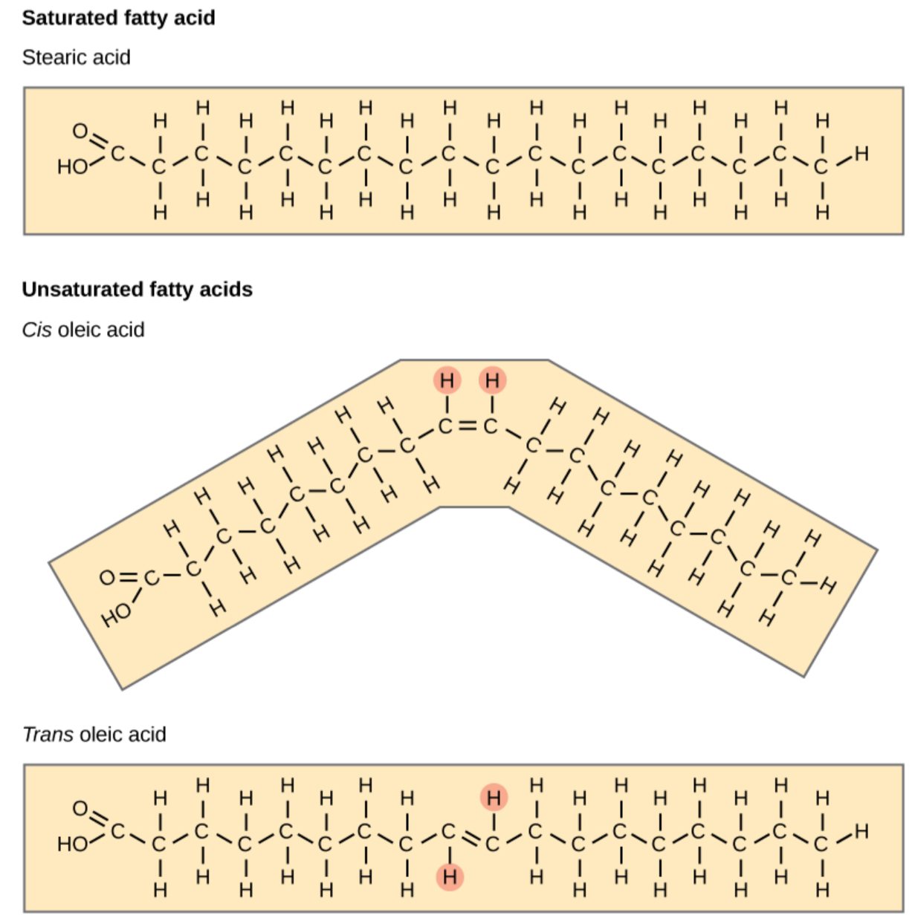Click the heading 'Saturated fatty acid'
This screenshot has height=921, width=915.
click(119, 18)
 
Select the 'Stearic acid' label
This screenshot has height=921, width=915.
click(77, 57)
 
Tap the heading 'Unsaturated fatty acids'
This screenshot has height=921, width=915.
click(138, 290)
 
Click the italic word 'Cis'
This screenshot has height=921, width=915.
click(37, 330)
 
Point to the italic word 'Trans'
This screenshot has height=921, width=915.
click(48, 734)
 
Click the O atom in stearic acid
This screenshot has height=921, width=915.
click(80, 131)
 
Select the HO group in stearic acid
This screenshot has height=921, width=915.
click(73, 167)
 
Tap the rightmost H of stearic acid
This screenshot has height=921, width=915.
click(861, 154)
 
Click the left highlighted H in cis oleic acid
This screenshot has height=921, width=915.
click(447, 380)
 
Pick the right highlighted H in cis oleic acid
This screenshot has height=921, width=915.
click(493, 380)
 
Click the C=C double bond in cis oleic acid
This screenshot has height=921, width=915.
click(468, 426)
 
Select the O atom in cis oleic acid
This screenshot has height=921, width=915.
click(107, 578)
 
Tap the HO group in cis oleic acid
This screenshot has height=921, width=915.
click(116, 615)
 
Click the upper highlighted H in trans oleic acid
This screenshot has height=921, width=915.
click(494, 798)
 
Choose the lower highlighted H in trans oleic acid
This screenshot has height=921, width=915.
click(450, 877)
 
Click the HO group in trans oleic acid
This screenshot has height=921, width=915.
click(73, 844)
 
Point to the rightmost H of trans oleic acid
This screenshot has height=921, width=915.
click(861, 832)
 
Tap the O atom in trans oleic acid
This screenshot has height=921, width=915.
click(80, 809)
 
